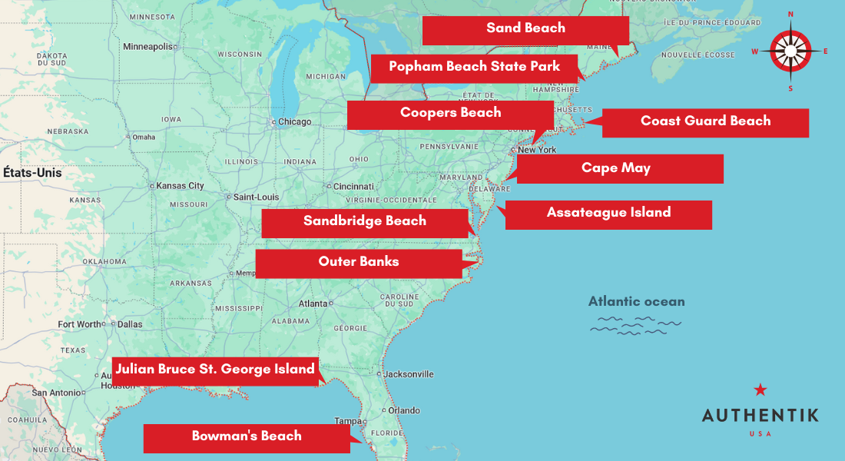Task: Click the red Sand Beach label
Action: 525,29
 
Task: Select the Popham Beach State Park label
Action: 474,68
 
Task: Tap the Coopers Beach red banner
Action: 450,114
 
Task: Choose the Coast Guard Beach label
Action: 705,122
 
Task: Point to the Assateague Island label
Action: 608,214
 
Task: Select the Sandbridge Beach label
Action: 365,222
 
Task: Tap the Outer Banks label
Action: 359,263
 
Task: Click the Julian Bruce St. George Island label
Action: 215,370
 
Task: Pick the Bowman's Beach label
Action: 247,437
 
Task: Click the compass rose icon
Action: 790,51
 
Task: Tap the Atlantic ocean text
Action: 636,302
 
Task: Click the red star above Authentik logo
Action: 760,390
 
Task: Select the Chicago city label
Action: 294,122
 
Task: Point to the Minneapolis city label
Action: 147,47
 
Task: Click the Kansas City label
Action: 180,186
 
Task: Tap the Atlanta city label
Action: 313,303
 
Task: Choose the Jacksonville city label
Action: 408,375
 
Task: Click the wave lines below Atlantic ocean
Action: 635,325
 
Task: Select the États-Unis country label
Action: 32,173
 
